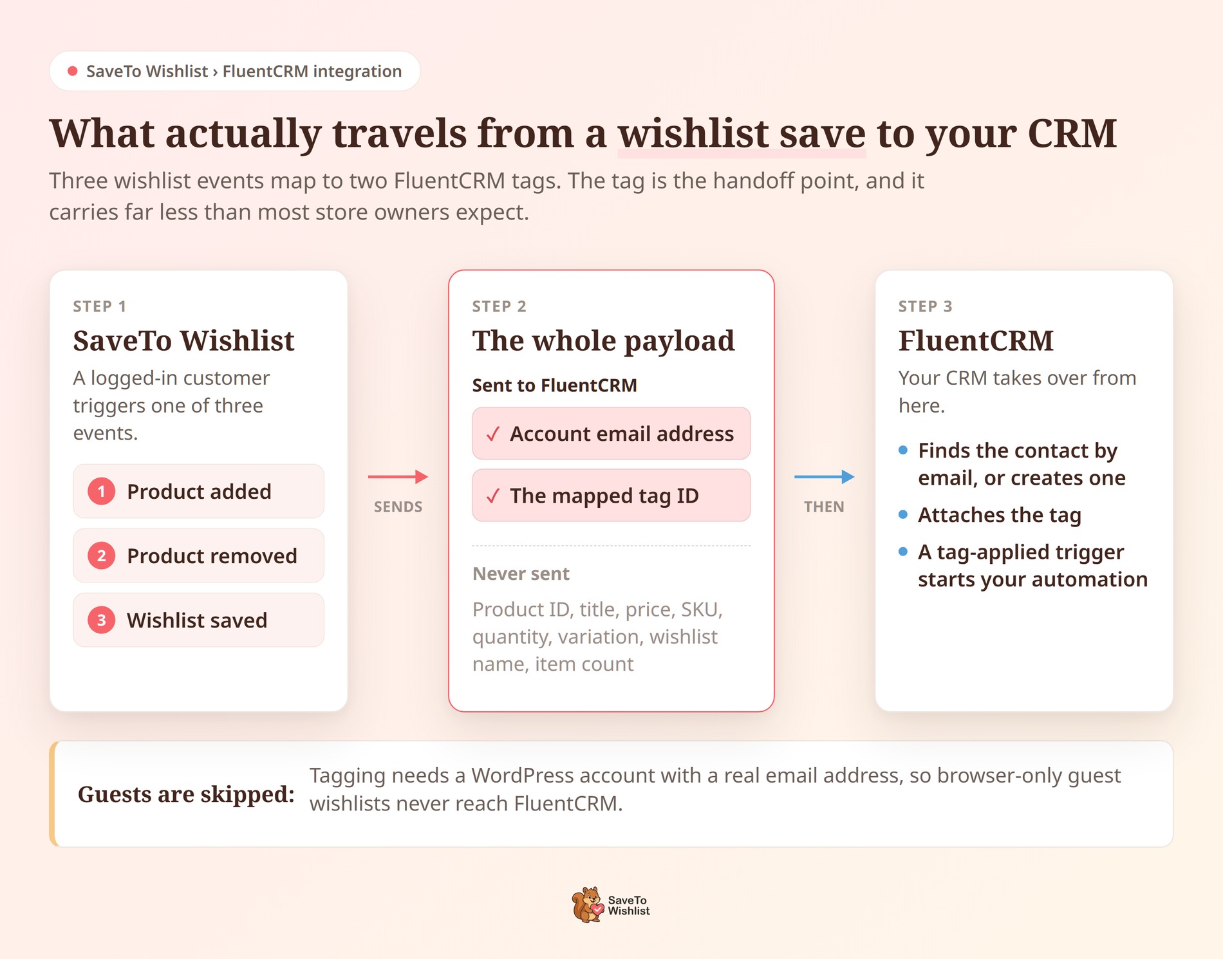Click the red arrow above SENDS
pyautogui.click(x=398, y=476)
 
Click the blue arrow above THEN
pyautogui.click(x=824, y=476)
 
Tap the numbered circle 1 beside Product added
pyautogui.click(x=101, y=491)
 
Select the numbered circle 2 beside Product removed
pyautogui.click(x=101, y=555)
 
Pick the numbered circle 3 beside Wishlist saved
pyautogui.click(x=101, y=620)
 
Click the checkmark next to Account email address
pyautogui.click(x=493, y=434)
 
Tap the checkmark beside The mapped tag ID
pyautogui.click(x=493, y=496)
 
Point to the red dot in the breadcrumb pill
pyautogui.click(x=73, y=71)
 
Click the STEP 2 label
pyautogui.click(x=499, y=306)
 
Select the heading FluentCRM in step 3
pyautogui.click(x=976, y=340)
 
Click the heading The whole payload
pyautogui.click(x=603, y=341)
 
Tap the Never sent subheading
pyautogui.click(x=521, y=573)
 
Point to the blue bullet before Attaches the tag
pyautogui.click(x=903, y=514)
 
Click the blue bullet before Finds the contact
pyautogui.click(x=903, y=450)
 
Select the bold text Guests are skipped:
pyautogui.click(x=186, y=794)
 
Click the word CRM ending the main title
pyautogui.click(x=1072, y=133)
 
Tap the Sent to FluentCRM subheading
pyautogui.click(x=554, y=385)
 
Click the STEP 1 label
pyautogui.click(x=100, y=306)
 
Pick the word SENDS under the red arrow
pyautogui.click(x=398, y=507)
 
